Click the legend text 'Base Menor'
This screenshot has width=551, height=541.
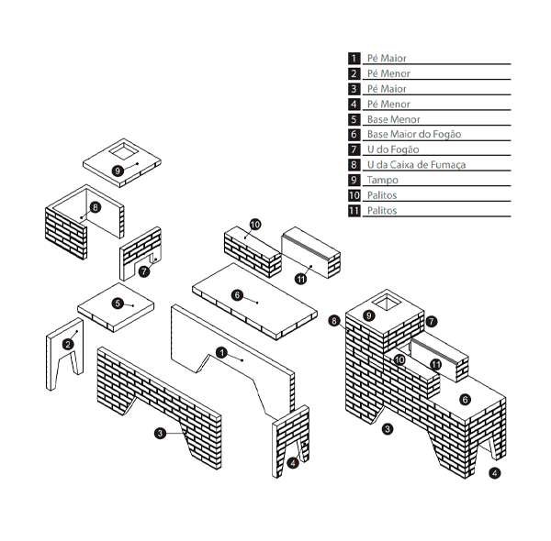tap(393, 119)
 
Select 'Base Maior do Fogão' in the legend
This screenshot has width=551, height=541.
tap(413, 134)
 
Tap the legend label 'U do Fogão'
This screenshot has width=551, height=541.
tap(392, 149)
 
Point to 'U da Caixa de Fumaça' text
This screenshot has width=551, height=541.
tap(416, 165)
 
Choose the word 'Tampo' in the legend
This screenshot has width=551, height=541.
tap(382, 180)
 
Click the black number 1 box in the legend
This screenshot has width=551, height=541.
tap(354, 58)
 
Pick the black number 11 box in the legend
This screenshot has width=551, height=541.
tap(354, 211)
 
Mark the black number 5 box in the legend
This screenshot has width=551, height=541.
tap(354, 119)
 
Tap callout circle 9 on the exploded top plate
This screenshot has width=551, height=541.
tap(118, 171)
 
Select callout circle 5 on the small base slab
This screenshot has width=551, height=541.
tap(118, 303)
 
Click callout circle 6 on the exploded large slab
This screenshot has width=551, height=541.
tap(237, 294)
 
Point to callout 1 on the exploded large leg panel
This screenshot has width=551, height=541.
tap(221, 352)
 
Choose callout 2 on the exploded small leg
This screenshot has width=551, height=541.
tap(68, 344)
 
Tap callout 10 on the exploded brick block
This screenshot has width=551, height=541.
tap(254, 224)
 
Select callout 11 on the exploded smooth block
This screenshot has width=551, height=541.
tap(300, 279)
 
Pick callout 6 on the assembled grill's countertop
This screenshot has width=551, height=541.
tap(465, 399)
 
